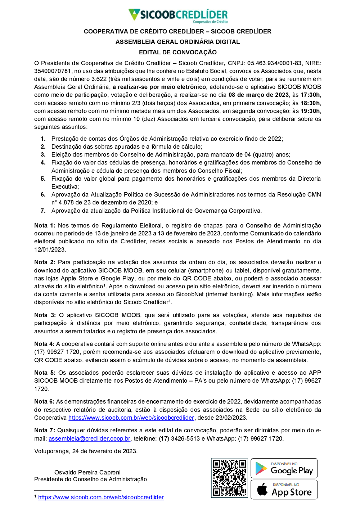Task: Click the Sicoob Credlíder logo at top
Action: click(178, 15)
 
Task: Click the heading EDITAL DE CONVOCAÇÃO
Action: click(178, 52)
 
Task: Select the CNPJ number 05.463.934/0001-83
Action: click(274, 63)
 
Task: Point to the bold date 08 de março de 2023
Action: click(258, 95)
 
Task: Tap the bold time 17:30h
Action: click(310, 95)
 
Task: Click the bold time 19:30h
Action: click(310, 111)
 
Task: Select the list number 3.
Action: click(43, 154)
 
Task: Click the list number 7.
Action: click(43, 211)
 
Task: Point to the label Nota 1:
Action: click(45, 225)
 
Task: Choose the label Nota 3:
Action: click(45, 315)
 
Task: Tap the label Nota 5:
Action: click(45, 373)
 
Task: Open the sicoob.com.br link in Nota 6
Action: click(131, 418)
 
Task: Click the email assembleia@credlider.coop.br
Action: click(89, 438)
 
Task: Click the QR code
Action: click(229, 478)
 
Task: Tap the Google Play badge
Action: click(284, 468)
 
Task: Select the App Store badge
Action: click(284, 490)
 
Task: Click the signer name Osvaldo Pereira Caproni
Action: click(87, 472)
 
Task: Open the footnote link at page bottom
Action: click(101, 497)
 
